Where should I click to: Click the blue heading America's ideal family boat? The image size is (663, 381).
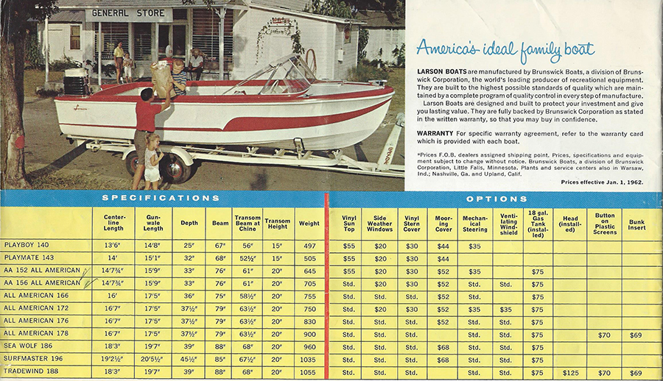505,49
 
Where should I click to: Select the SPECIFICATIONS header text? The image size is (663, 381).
161,198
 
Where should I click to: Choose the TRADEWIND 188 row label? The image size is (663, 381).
30,373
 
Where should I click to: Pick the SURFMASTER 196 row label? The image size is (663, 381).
32,360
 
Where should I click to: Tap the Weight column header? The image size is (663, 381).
309,223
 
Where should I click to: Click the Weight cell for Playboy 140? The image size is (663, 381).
309,245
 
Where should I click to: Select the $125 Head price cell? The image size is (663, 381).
570,373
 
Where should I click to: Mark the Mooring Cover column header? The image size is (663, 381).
443,223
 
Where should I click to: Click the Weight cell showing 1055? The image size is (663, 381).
309,373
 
